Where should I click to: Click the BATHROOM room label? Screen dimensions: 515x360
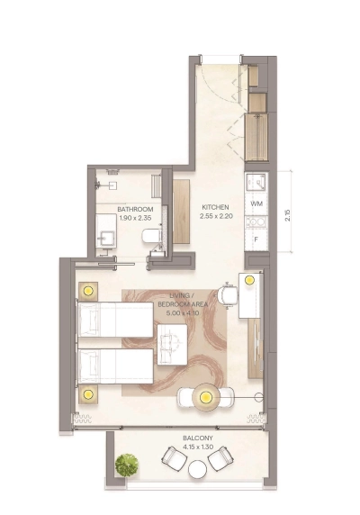(136, 209)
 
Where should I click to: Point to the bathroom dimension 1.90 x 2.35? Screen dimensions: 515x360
(136, 218)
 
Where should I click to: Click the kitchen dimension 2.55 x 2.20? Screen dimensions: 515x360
(217, 216)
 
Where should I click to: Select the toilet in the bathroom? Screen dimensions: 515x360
(152, 238)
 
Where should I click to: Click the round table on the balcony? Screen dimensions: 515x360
(197, 468)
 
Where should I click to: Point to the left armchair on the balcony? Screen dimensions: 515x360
(173, 458)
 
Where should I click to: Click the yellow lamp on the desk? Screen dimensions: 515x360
(248, 280)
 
